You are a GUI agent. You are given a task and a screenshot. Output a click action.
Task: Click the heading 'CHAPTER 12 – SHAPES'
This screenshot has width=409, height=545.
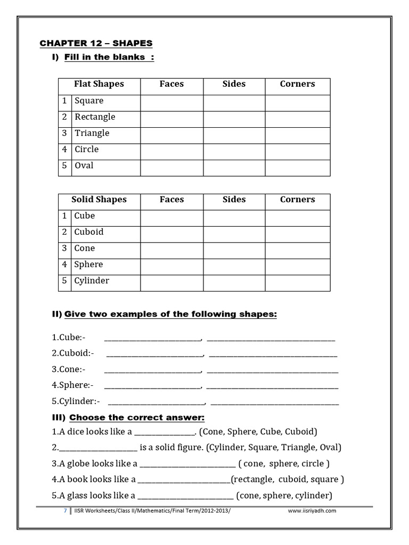click(96, 43)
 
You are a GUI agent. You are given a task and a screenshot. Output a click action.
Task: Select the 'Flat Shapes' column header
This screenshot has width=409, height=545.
click(99, 84)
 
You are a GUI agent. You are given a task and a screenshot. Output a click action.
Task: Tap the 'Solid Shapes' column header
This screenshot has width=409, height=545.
click(99, 200)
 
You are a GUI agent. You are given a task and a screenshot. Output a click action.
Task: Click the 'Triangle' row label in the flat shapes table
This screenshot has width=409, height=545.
click(92, 133)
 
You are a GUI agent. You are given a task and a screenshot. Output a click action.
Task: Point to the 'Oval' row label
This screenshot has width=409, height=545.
click(84, 166)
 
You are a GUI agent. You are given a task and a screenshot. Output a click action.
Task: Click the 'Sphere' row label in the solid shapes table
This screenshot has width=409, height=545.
click(88, 265)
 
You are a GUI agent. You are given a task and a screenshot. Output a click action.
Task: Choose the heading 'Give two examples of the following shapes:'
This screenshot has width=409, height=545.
click(170, 315)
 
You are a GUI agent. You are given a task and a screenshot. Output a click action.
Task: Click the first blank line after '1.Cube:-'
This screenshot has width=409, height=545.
click(152, 338)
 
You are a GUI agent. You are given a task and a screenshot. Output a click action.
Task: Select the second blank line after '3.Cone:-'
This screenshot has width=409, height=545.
click(272, 370)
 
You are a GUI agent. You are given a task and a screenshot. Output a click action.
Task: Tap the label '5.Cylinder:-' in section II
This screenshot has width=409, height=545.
click(76, 401)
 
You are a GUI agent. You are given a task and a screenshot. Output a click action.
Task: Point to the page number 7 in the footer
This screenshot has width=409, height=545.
click(65, 510)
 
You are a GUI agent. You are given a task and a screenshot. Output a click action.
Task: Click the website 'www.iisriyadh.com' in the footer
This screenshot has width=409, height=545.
click(312, 510)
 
